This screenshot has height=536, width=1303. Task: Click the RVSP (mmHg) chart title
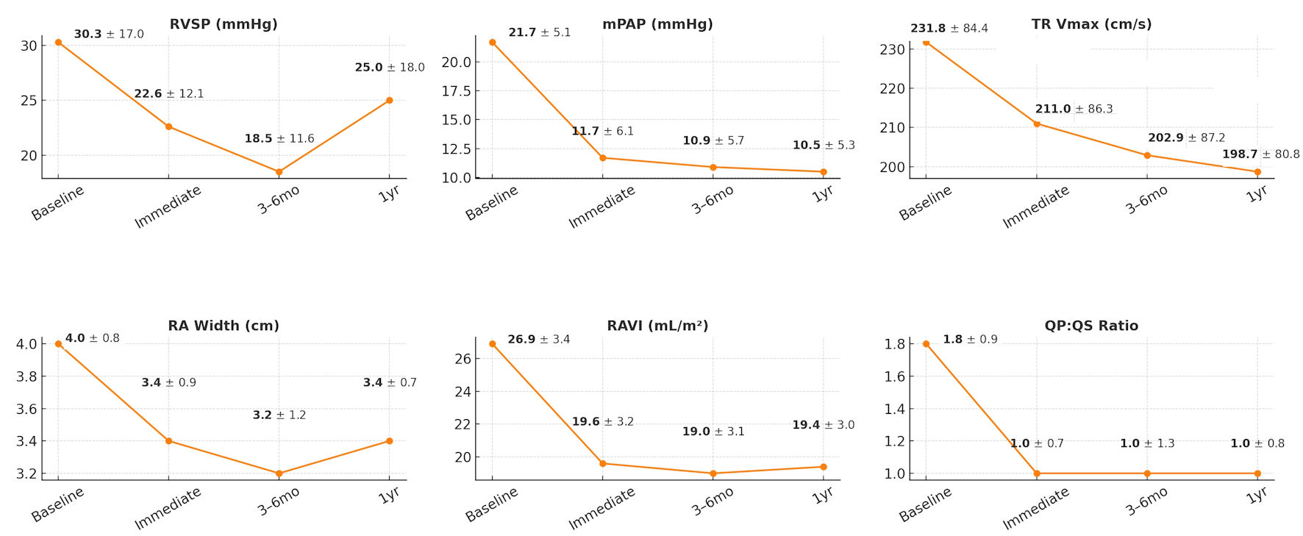pos(224,24)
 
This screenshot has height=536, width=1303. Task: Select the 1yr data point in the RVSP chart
pos(389,100)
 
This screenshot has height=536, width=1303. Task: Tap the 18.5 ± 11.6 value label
pos(279,138)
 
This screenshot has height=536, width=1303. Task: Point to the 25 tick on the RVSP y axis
pos(29,100)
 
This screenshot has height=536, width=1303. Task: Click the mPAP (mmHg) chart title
pos(657,24)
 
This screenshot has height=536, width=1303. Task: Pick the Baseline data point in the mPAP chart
pos(492,42)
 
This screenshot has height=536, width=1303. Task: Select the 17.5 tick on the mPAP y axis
pos(456,91)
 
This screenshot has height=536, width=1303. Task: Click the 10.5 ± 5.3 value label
pos(824,145)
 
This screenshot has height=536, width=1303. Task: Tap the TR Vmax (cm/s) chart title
pos(1091,24)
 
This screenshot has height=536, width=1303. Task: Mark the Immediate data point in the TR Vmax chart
pos(1037,124)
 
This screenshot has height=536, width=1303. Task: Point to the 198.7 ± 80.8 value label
pos(1260,154)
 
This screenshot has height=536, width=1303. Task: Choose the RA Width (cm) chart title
pos(224,326)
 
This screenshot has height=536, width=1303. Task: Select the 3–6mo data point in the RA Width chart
pos(279,474)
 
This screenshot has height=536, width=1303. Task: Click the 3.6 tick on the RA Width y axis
pos(26,409)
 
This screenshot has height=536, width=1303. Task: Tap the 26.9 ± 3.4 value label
pos(538,339)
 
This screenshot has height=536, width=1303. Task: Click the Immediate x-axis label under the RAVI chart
pos(601,509)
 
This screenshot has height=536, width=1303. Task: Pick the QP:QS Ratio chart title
pos(1091,326)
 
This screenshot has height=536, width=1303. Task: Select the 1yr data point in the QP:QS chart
pos(1257,474)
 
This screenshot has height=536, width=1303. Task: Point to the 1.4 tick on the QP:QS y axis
pos(895,409)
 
